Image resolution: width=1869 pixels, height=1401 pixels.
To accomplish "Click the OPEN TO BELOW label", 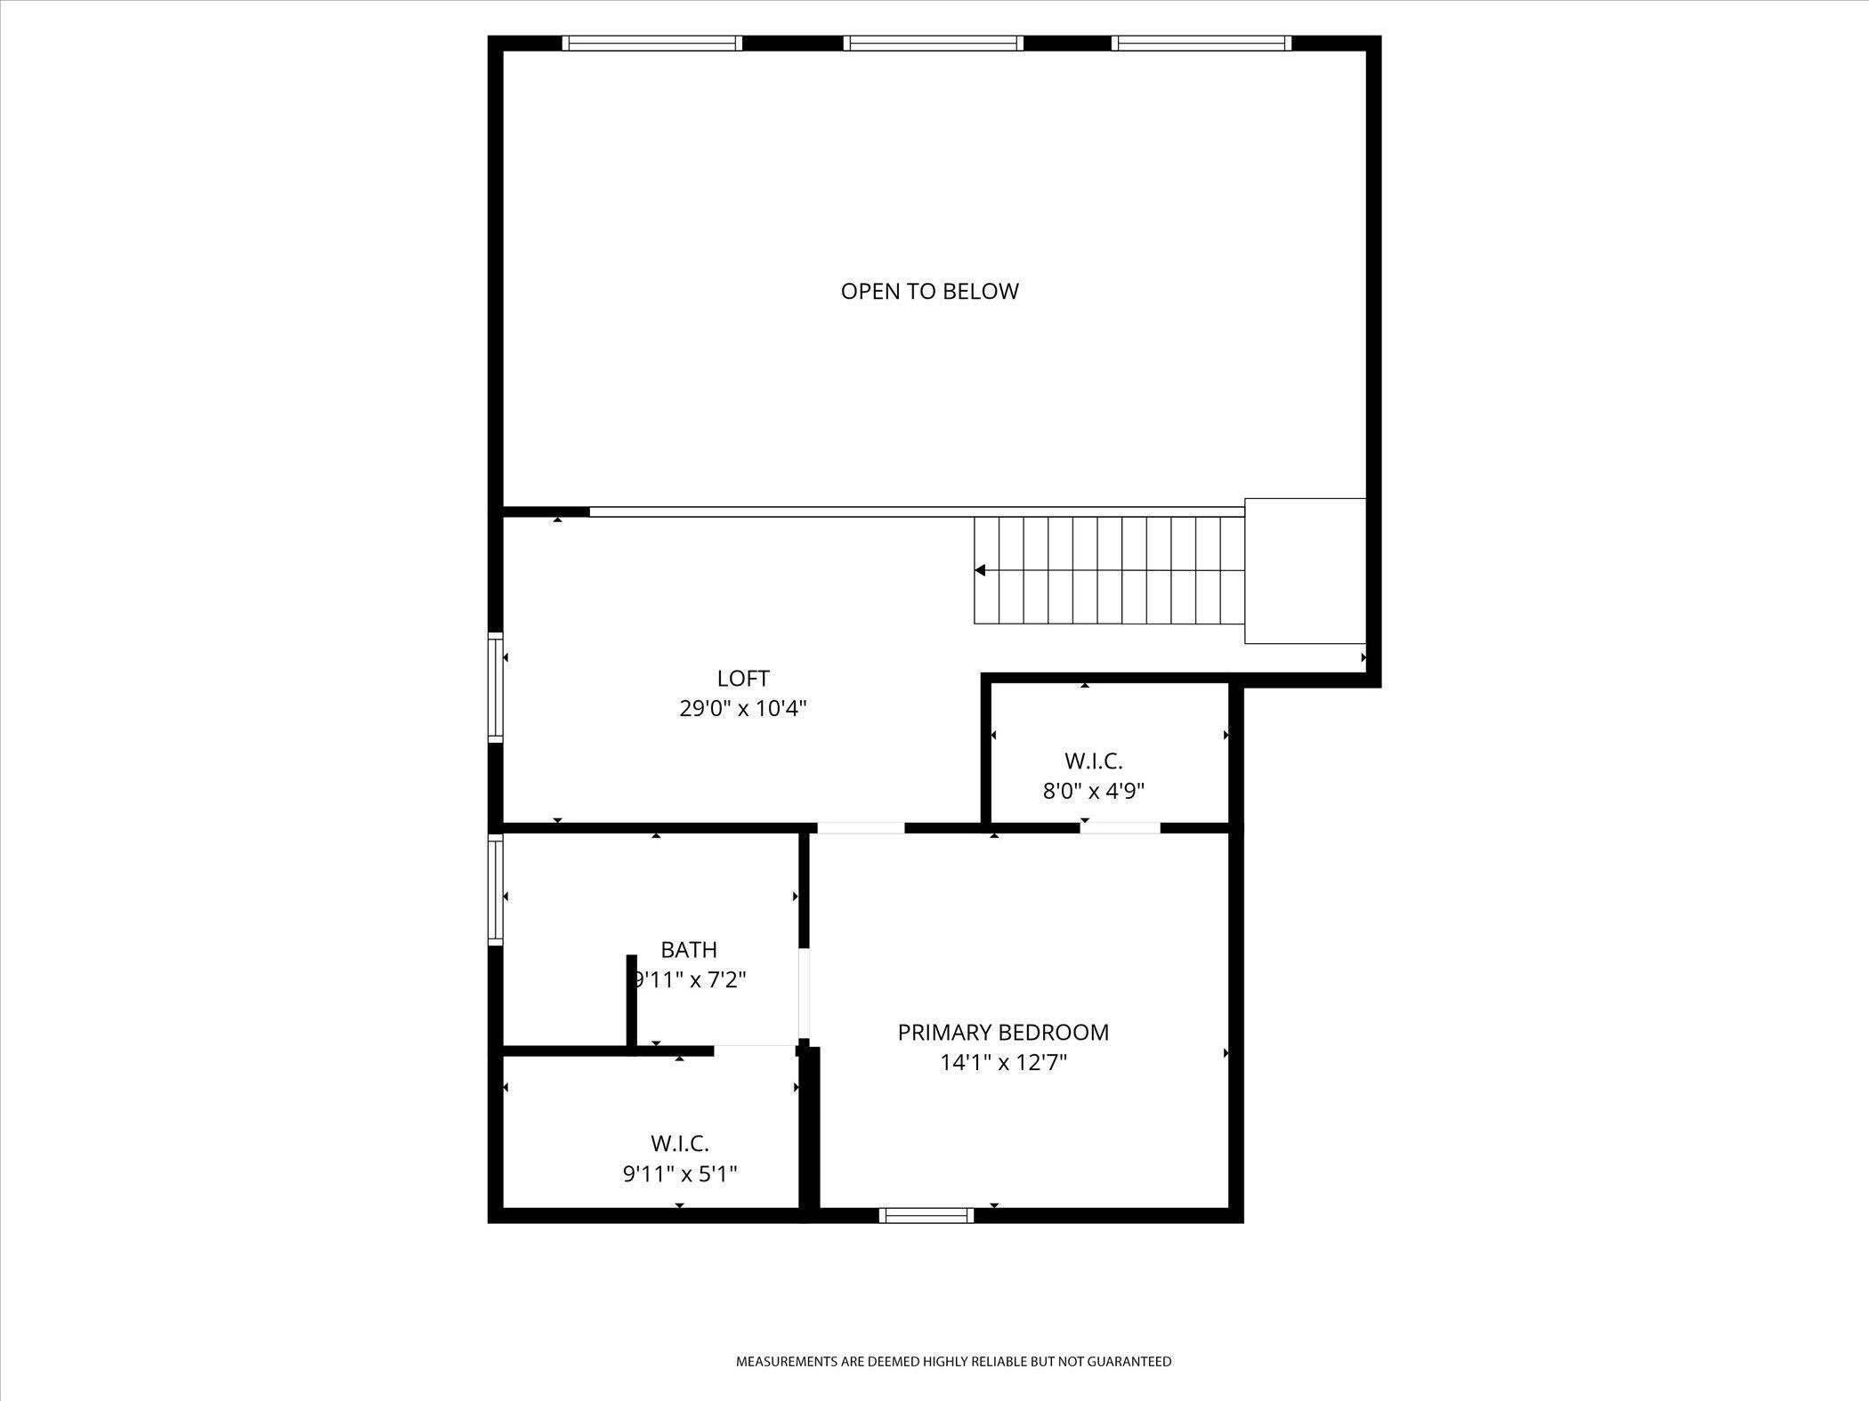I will pyautogui.click(x=929, y=291).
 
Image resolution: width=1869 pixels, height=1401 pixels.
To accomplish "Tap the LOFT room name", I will pyautogui.click(x=743, y=679).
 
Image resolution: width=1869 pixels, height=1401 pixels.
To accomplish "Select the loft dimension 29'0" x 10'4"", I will pyautogui.click(x=743, y=709).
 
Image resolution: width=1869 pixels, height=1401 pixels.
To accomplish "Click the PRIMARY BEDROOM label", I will pyautogui.click(x=1003, y=1032).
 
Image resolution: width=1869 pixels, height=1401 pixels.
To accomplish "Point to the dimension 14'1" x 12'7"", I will pyautogui.click(x=1003, y=1062).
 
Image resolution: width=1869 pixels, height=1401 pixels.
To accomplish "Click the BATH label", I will pyautogui.click(x=689, y=949).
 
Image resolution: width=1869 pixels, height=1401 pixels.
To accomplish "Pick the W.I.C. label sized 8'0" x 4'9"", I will pyautogui.click(x=1093, y=761).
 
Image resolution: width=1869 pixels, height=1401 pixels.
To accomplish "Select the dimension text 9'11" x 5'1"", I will pyautogui.click(x=680, y=1174).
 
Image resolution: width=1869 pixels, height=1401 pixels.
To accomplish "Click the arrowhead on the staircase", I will pyautogui.click(x=980, y=570).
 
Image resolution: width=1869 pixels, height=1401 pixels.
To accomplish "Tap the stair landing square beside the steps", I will pyautogui.click(x=1305, y=570).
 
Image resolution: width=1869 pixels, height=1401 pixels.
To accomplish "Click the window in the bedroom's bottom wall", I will pyautogui.click(x=926, y=1215).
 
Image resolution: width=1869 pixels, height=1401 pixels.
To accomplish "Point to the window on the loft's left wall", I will pyautogui.click(x=496, y=687).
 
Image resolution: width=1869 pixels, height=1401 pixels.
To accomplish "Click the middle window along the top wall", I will pyautogui.click(x=934, y=43).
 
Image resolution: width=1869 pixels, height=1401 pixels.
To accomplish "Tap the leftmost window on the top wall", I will pyautogui.click(x=652, y=43).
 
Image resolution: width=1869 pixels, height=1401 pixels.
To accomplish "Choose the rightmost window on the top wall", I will pyautogui.click(x=1201, y=43).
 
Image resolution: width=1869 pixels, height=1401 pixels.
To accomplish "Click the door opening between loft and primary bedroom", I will pyautogui.click(x=861, y=827).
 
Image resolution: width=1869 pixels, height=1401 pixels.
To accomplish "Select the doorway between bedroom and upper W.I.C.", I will pyautogui.click(x=1121, y=827).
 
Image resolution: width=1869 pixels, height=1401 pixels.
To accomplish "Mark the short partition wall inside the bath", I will pyautogui.click(x=632, y=1001).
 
